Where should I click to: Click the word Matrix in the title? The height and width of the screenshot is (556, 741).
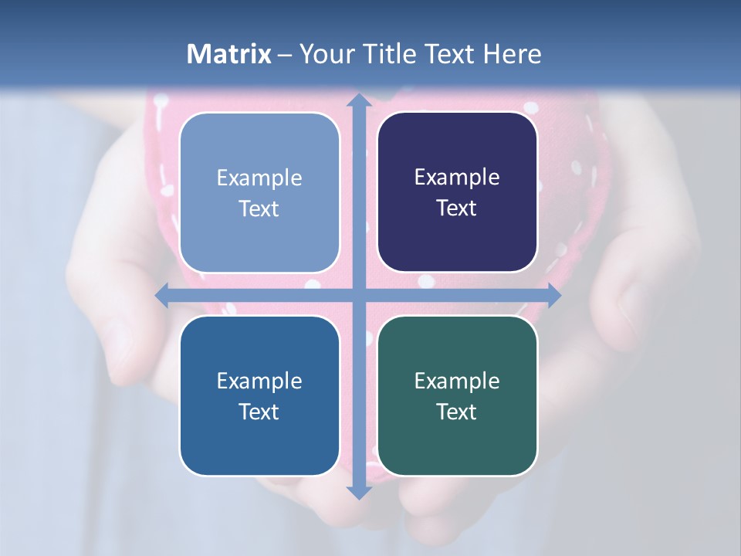coord(229,54)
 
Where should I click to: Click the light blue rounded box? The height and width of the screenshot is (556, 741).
coord(259,192)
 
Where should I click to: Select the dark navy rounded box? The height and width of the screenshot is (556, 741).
coord(457,192)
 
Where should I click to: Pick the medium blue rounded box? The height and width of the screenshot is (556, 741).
coord(259,395)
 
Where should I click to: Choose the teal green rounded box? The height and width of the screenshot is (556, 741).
coord(457,395)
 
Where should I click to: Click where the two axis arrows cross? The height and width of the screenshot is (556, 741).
coord(358,295)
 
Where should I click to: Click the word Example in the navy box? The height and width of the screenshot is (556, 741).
coord(457,177)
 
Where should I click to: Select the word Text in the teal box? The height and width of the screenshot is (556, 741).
coord(457,412)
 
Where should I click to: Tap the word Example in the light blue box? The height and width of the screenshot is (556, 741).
coord(259,178)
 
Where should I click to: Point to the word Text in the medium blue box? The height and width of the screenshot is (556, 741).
coord(259,412)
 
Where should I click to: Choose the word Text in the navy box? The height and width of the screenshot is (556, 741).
coord(457,208)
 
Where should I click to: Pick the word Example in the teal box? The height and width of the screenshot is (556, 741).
coord(457,381)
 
